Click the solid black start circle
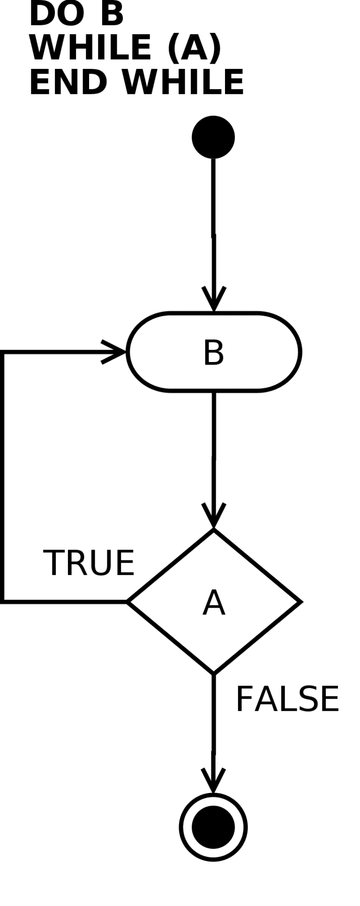click(x=213, y=137)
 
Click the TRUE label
click(x=89, y=562)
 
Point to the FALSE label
click(x=287, y=699)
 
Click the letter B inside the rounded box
click(x=213, y=352)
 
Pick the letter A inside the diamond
click(x=214, y=603)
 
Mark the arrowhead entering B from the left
click(x=114, y=351)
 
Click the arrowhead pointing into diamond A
click(x=214, y=516)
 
